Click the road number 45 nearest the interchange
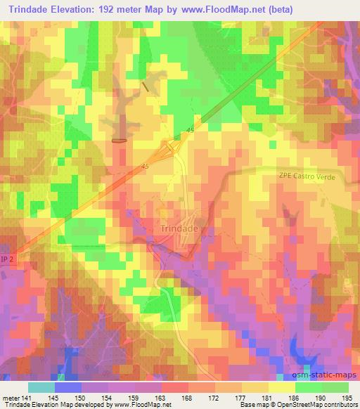click(190, 130)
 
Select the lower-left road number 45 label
click(145, 167)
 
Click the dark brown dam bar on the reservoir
click(120, 140)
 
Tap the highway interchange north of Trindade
click(172, 148)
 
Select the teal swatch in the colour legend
click(41, 387)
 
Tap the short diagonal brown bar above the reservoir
click(146, 86)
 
